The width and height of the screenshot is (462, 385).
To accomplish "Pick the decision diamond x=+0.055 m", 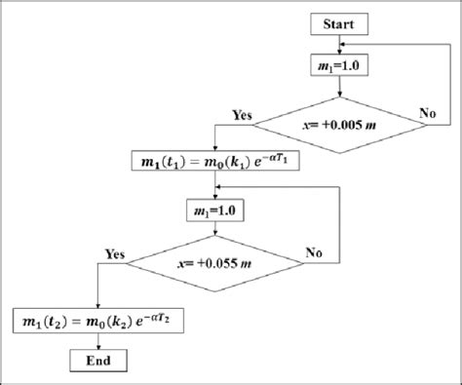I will point(213,262).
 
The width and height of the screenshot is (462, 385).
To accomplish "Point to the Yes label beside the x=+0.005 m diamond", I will point(243,113).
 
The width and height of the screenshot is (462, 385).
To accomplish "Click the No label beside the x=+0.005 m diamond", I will point(427,113).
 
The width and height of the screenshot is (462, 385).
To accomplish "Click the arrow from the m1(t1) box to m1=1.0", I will point(213,185).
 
